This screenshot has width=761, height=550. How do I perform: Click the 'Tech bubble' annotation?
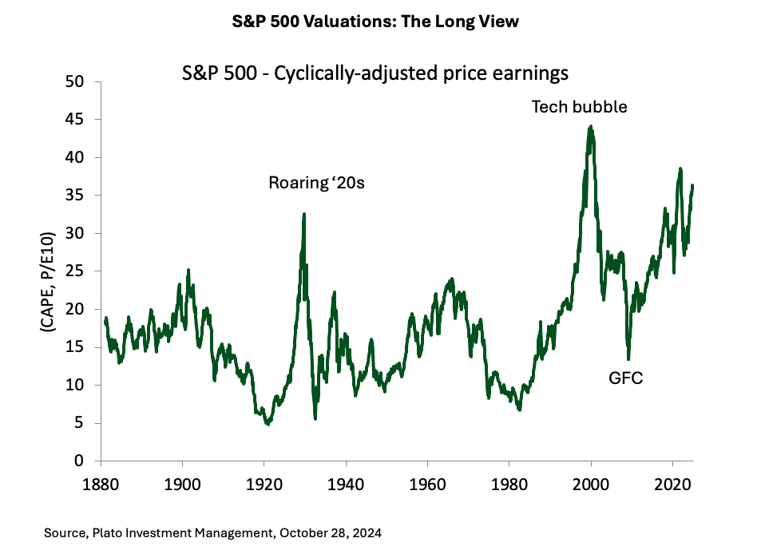click(580, 106)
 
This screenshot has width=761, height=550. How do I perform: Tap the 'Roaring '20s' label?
click(316, 184)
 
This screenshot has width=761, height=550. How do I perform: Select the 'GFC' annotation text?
click(626, 377)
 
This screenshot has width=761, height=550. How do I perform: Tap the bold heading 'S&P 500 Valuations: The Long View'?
click(380, 22)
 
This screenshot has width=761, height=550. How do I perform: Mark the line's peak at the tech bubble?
click(590, 126)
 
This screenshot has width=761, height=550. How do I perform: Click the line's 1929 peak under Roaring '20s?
click(304, 213)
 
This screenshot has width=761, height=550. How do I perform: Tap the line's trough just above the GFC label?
click(628, 358)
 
